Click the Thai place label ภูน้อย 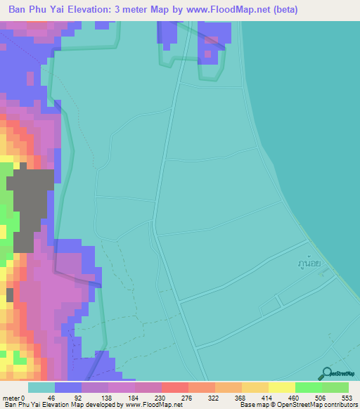coord(309,264)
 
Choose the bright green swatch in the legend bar coord(308,387)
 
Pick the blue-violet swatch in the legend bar coord(68,387)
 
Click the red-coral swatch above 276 coord(174,387)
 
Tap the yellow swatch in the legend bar coord(281,387)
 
